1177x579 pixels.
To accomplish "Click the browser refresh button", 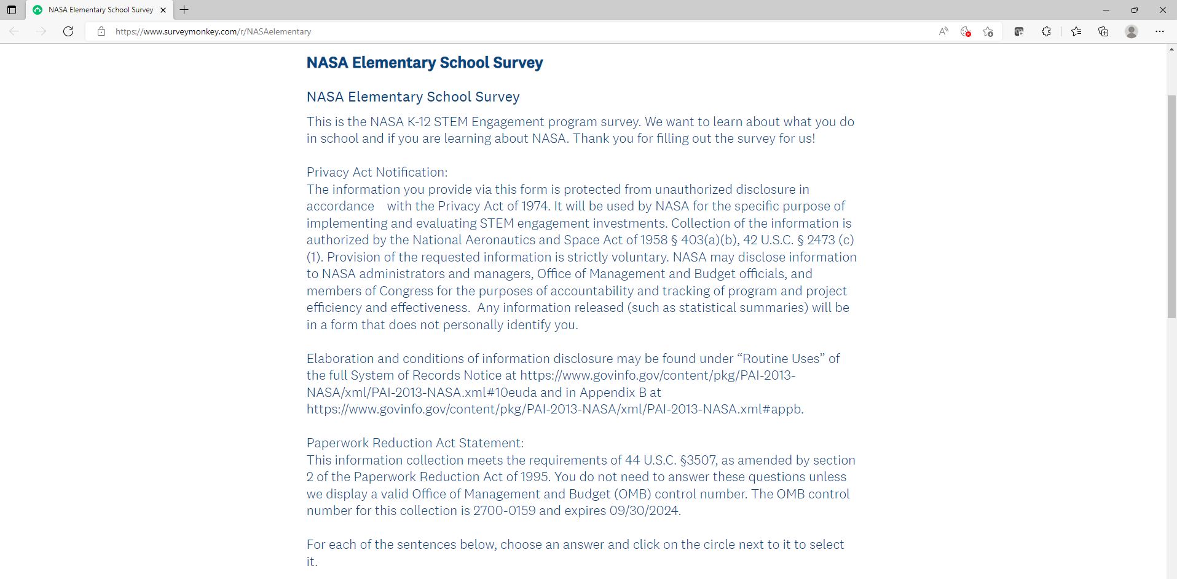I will pos(68,31).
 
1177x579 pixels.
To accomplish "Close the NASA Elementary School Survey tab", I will pos(163,10).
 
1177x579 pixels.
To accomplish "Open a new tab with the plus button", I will pos(184,10).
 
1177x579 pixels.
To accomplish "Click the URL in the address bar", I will pos(213,31).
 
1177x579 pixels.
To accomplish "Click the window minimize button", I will pos(1106,10).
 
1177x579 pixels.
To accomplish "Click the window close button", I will pos(1163,10).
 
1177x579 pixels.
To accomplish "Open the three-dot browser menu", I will pos(1160,31).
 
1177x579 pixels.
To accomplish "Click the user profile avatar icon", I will pos(1132,31).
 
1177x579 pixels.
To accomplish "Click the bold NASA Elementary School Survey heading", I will pos(425,63).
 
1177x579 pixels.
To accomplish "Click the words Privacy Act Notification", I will pos(377,172).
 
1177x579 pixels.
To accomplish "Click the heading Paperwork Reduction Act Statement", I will pos(415,443).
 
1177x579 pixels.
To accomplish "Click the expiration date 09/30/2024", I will pos(644,511).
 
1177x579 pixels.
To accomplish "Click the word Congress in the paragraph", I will pos(406,291).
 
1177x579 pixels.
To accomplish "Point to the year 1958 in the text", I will pos(653,240).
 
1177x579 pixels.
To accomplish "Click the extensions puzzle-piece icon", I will pos(1046,31).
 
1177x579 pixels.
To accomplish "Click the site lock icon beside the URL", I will pos(101,31).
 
